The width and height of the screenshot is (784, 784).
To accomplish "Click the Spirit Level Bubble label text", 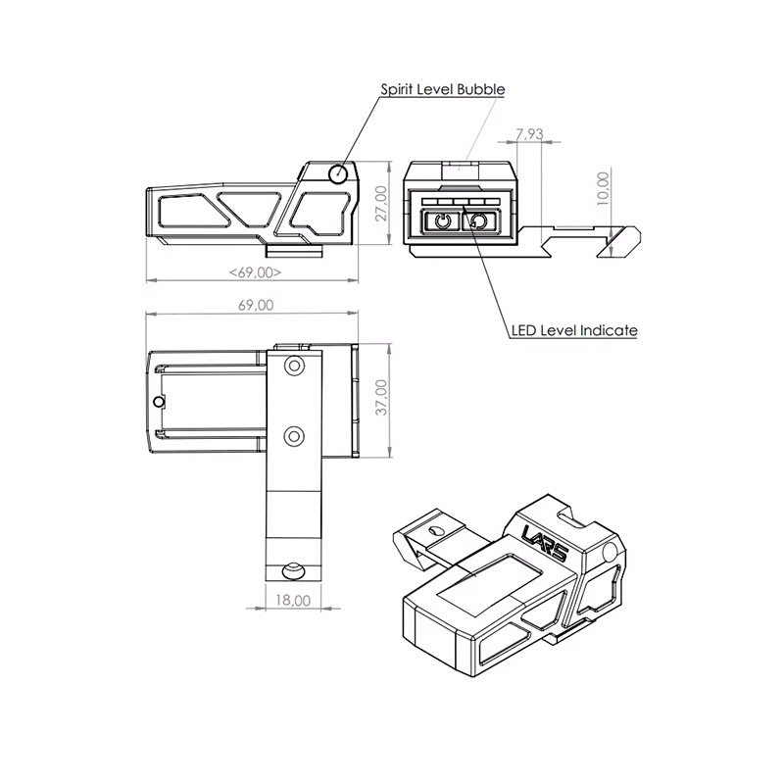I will click(442, 89).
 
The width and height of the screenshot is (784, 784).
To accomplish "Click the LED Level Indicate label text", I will click(574, 330).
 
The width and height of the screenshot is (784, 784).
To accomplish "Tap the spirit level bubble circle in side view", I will click(338, 174).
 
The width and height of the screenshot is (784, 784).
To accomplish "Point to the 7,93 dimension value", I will click(529, 134).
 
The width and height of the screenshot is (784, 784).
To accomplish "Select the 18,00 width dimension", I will click(293, 599).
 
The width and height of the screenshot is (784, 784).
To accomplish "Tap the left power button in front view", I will click(444, 221).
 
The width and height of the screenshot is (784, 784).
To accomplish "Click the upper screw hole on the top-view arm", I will click(294, 367).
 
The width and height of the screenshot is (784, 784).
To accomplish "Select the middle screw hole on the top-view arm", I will click(294, 434).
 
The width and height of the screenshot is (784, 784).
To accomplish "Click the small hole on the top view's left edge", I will click(158, 402).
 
